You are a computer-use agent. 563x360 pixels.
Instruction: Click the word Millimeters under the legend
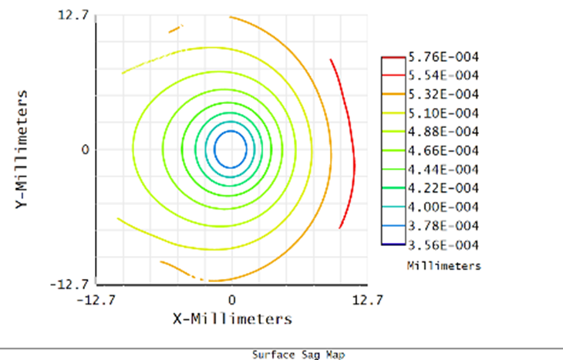[x=443, y=266]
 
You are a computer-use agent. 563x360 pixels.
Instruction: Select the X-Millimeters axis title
[x=231, y=318]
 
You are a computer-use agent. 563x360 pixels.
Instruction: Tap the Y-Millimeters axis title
[x=25, y=150]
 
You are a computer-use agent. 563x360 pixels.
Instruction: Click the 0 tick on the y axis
[x=86, y=150]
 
